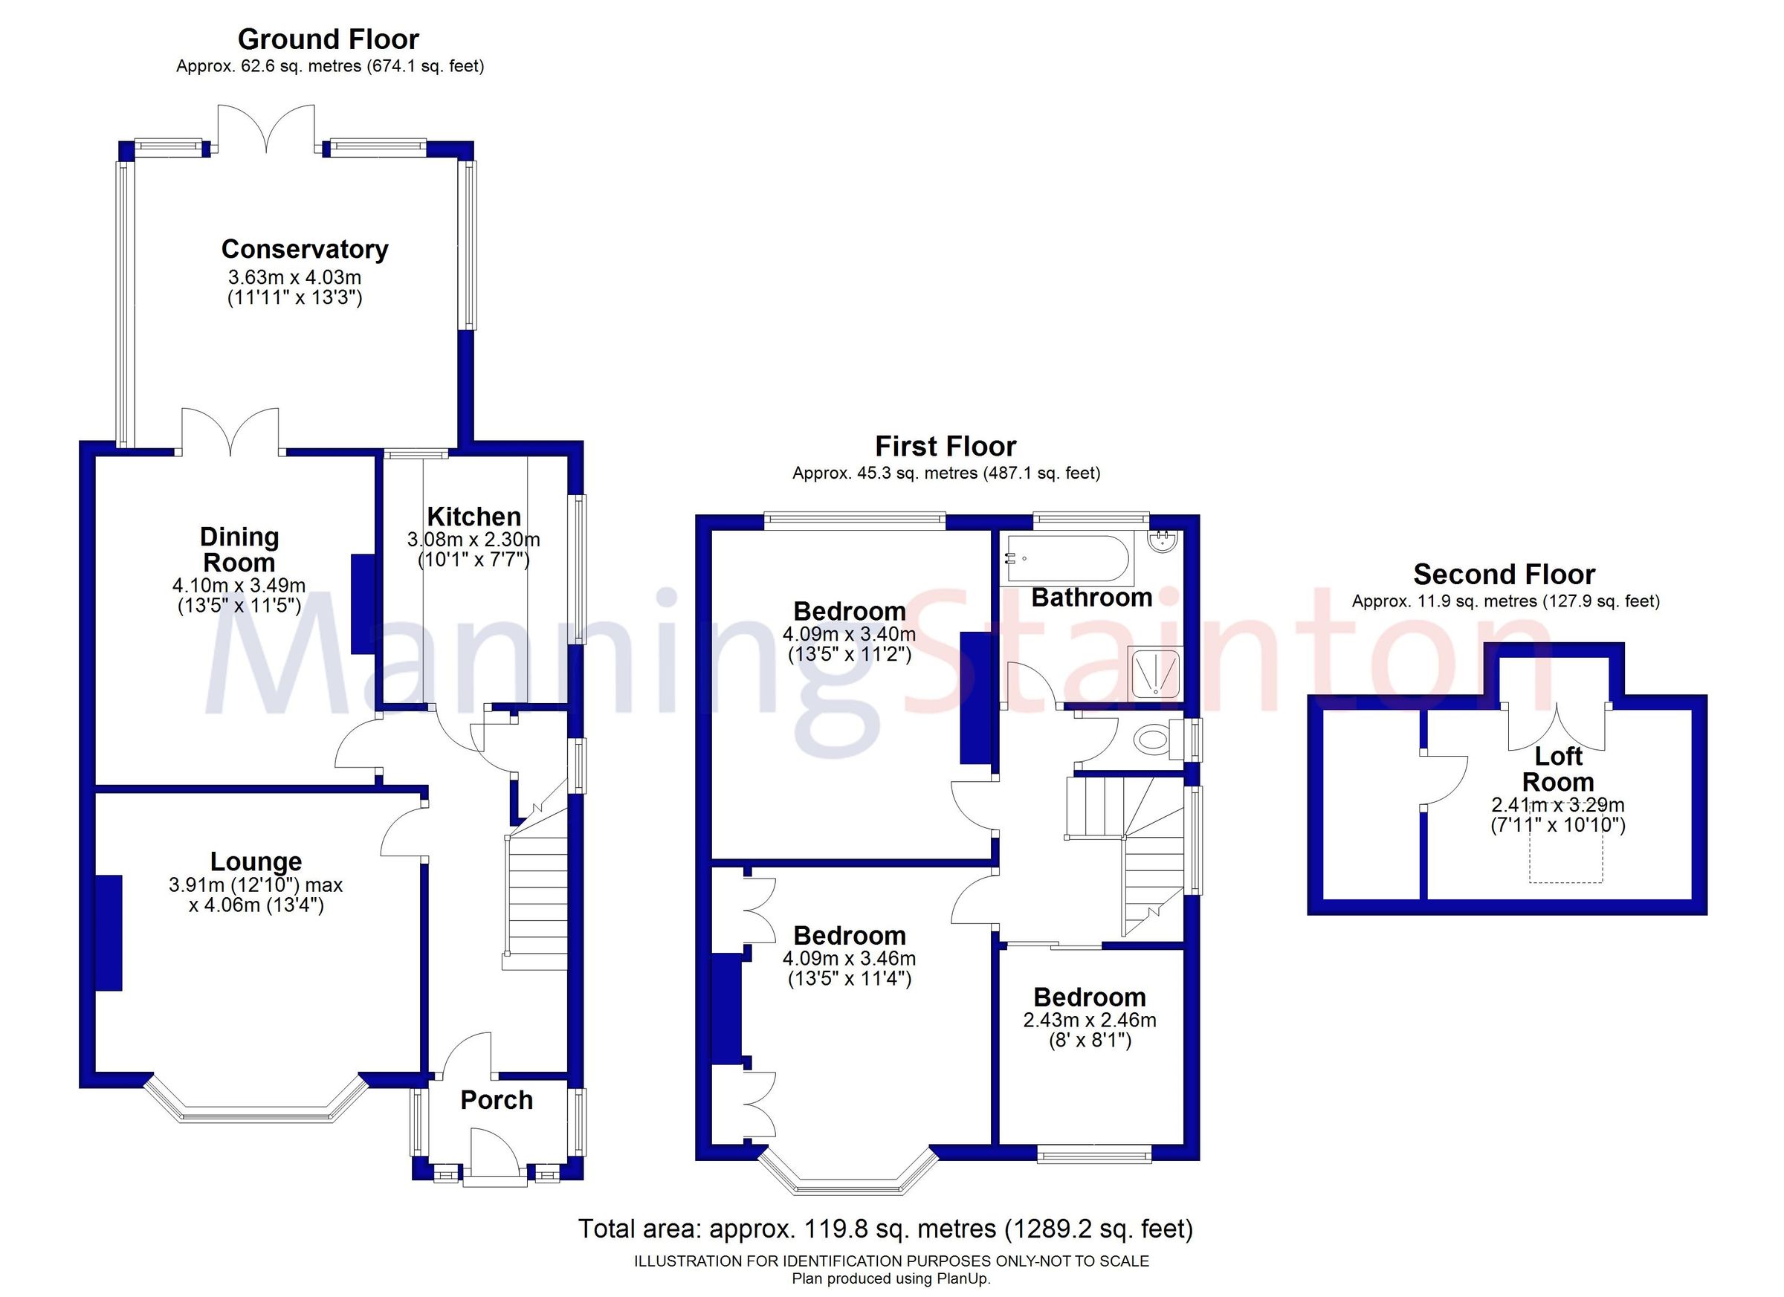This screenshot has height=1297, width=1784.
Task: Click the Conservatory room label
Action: [305, 249]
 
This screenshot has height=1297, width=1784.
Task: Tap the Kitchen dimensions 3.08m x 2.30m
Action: [473, 540]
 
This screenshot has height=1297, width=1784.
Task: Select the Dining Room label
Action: [239, 550]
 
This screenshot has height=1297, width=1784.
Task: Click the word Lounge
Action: [256, 862]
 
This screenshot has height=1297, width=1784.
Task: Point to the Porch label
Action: [497, 1100]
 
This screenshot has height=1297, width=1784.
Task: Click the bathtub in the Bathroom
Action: [1067, 559]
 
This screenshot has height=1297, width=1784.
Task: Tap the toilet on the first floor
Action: [1154, 740]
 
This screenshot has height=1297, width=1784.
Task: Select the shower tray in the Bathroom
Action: [1154, 675]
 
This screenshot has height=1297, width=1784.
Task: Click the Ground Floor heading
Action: [328, 39]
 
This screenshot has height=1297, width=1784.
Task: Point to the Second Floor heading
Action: [1503, 575]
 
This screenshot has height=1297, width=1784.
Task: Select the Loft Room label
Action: [1557, 769]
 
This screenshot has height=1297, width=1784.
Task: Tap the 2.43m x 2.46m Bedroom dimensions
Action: [1090, 1021]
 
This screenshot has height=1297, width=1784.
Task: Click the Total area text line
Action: [886, 1229]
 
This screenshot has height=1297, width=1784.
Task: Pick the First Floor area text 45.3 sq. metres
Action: [946, 473]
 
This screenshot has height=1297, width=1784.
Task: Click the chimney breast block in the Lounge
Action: [109, 933]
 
